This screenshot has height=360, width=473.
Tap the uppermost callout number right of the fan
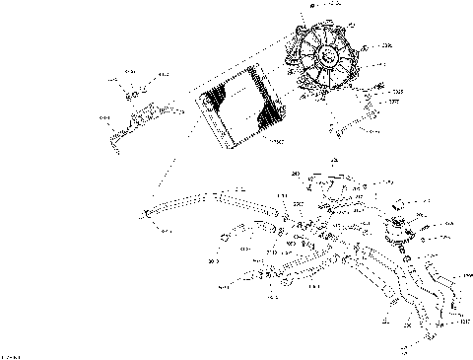[x=385, y=45]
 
